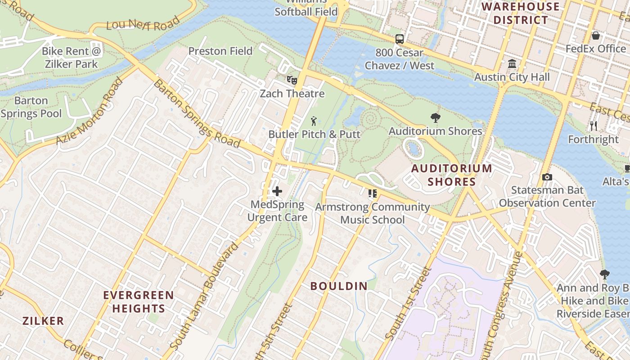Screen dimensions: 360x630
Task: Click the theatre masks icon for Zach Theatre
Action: [292, 80]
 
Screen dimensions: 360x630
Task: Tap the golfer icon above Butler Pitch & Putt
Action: [314, 121]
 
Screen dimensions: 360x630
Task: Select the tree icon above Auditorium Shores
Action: [435, 118]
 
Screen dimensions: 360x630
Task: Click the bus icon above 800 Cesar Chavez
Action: [400, 39]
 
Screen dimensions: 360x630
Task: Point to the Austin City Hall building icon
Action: [512, 64]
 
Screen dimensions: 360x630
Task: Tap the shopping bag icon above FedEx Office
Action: [596, 36]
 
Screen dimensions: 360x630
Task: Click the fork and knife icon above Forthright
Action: [594, 126]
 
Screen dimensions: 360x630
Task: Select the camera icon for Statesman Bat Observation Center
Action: [547, 177]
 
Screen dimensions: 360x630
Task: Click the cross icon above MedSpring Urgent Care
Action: [277, 191]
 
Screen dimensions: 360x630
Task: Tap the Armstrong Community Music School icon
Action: [372, 193]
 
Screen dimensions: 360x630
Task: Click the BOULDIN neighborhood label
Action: [339, 286]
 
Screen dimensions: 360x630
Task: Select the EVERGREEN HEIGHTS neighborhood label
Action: [139, 302]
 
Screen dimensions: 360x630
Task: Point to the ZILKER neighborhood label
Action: [43, 321]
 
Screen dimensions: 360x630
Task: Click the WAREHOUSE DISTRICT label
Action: [521, 13]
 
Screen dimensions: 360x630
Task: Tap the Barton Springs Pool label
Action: [31, 107]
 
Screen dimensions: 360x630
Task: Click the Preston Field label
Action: [220, 51]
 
